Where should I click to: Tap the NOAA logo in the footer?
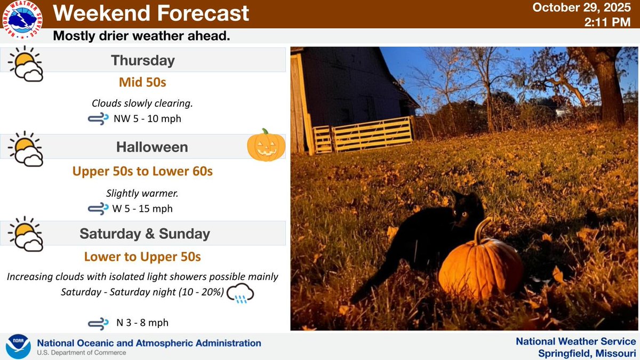pos(18,346)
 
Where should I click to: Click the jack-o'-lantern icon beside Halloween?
pos(266,145)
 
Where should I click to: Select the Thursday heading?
pos(142,61)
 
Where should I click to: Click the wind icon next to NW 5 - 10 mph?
pos(99,118)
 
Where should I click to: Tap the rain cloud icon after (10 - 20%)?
pos(240,294)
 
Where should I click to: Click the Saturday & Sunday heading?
pos(145,234)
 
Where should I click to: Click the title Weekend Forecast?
pos(151,13)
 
